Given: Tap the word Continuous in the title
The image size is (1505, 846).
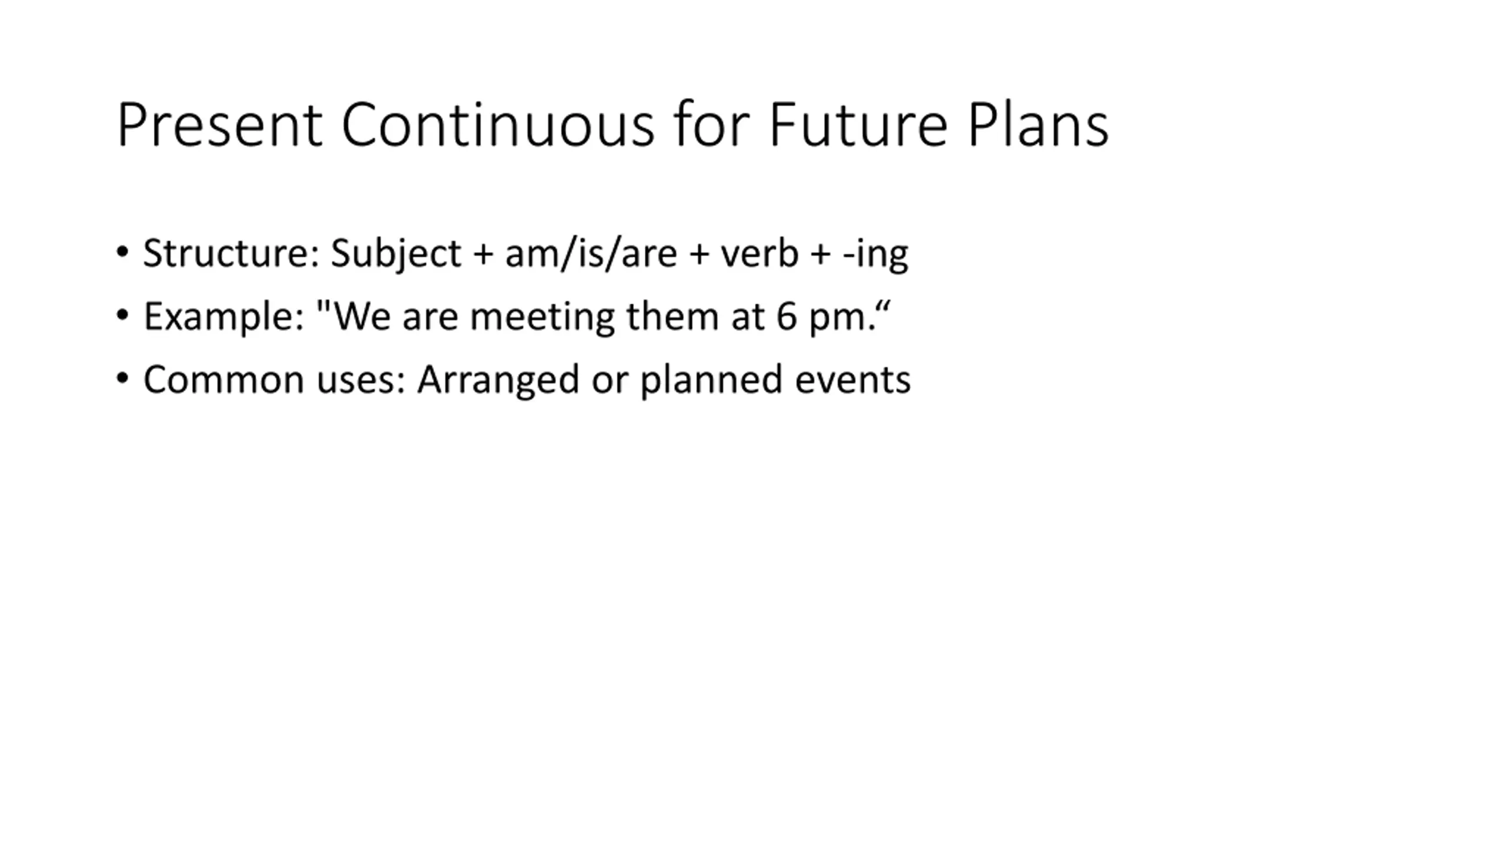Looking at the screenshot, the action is pyautogui.click(x=498, y=125).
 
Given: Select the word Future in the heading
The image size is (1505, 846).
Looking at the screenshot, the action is pyautogui.click(x=858, y=125).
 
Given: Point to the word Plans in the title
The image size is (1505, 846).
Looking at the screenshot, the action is pyautogui.click(x=1038, y=125).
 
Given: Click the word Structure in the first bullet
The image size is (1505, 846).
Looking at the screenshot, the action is pyautogui.click(x=232, y=253).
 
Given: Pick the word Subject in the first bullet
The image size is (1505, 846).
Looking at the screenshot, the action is pyautogui.click(x=396, y=254).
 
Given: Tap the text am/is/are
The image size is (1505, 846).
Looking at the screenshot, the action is pyautogui.click(x=591, y=254).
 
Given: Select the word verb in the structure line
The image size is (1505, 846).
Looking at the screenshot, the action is pyautogui.click(x=760, y=253).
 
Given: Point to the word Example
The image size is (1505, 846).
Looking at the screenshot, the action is pyautogui.click(x=224, y=317).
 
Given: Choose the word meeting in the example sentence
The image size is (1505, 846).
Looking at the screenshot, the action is pyautogui.click(x=543, y=317).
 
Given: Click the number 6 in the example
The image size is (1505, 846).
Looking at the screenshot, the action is pyautogui.click(x=787, y=317).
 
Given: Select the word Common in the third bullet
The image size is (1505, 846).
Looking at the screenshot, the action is pyautogui.click(x=224, y=380).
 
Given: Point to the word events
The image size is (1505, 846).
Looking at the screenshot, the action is pyautogui.click(x=853, y=380).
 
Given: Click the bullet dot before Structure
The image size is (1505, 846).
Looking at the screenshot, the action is pyautogui.click(x=122, y=253).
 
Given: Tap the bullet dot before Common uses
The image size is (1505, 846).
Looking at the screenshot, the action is pyautogui.click(x=122, y=378).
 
